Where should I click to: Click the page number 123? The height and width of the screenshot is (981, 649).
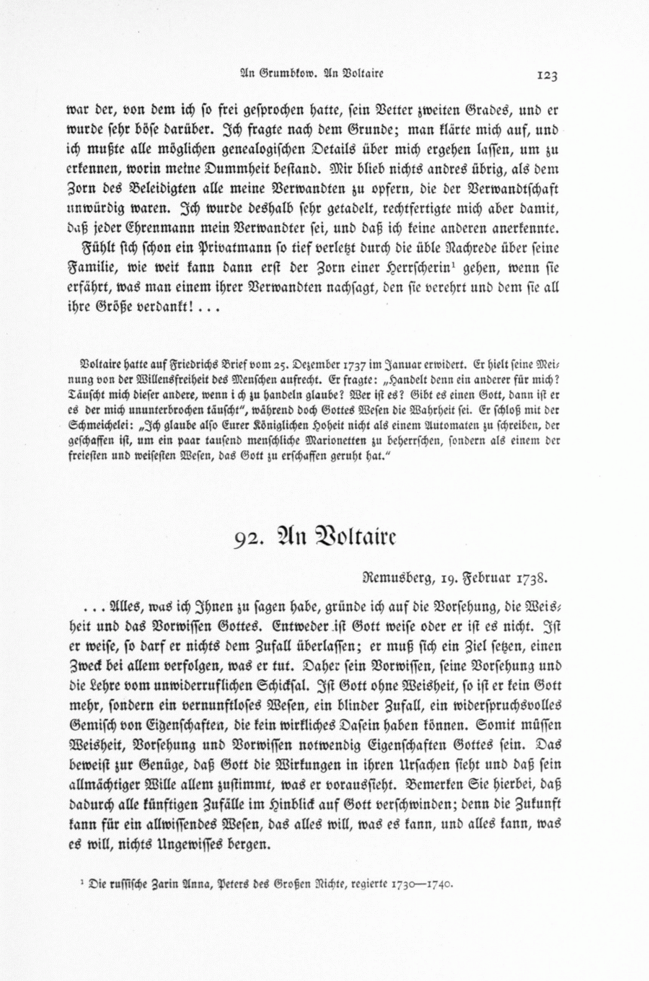(x=547, y=74)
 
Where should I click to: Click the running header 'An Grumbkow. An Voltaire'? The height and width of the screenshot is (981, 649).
(x=312, y=73)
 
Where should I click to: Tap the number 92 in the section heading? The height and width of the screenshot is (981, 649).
(x=245, y=540)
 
